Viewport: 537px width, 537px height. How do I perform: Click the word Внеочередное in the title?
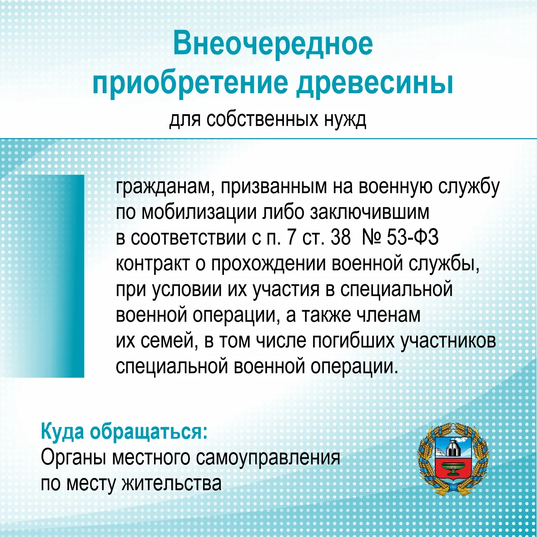pyautogui.click(x=273, y=43)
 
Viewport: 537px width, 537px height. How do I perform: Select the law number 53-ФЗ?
pyautogui.click(x=413, y=237)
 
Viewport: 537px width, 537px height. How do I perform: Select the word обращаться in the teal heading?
pyautogui.click(x=149, y=432)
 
